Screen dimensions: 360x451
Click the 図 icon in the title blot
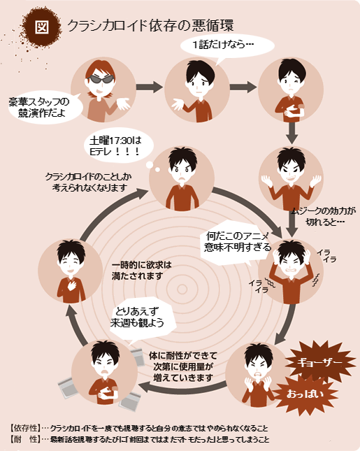42,27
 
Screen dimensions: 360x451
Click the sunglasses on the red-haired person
101,79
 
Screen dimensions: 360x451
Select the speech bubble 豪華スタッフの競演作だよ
44,108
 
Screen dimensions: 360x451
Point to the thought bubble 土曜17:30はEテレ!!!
118,145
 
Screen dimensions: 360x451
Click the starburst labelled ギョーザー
319,362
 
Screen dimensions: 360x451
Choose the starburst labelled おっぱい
305,394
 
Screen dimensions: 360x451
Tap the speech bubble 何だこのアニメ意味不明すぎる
237,242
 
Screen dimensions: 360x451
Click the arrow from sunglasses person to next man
149,87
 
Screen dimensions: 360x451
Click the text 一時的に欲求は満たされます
141,271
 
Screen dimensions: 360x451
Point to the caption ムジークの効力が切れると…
324,217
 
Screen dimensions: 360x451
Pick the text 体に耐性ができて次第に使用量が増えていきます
183,366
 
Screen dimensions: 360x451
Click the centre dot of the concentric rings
182,289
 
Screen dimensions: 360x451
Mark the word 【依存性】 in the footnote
25,429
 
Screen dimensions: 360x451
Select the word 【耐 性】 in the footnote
25,439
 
